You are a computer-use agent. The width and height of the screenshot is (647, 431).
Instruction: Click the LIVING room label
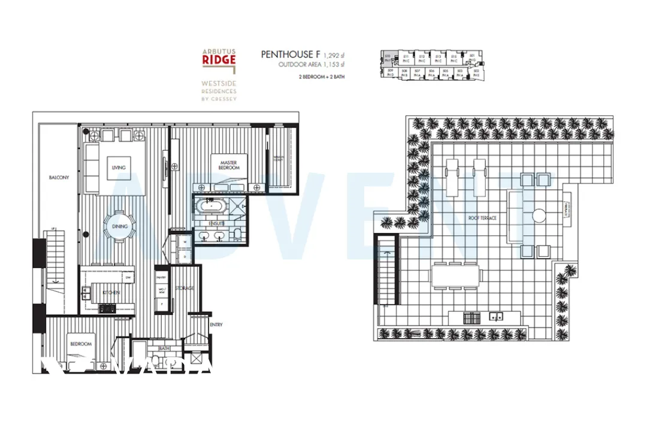[x=119, y=168]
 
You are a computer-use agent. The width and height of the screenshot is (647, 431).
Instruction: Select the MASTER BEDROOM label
[x=228, y=165]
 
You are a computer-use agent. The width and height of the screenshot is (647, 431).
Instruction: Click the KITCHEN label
[x=111, y=292]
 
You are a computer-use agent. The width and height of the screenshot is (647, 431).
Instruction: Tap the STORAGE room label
[x=185, y=289]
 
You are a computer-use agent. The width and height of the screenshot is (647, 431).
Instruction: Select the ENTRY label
[x=216, y=324]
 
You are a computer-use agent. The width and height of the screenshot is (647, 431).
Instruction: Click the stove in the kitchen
[x=107, y=308]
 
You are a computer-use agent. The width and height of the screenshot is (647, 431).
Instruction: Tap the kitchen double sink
[x=87, y=293]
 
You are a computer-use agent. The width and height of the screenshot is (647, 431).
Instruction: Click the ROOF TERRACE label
[x=483, y=218]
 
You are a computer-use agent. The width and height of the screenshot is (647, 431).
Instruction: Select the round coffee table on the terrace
[x=539, y=214]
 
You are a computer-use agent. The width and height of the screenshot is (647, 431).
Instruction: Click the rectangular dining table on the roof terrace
[x=456, y=276]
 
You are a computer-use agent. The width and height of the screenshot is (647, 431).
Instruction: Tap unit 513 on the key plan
[x=438, y=59]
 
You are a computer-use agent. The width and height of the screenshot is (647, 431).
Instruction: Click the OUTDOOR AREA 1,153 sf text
[x=312, y=64]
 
